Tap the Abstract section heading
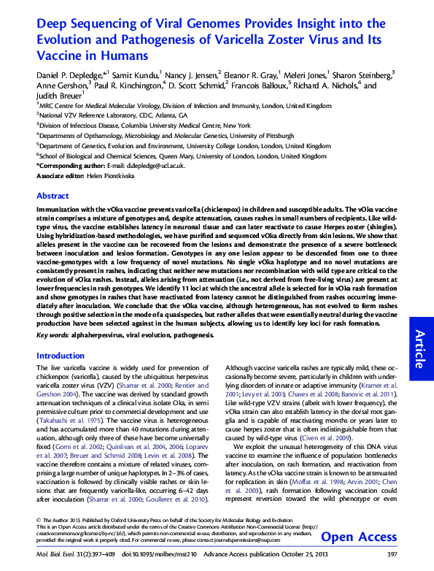point(53,196)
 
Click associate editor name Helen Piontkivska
point(106,176)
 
